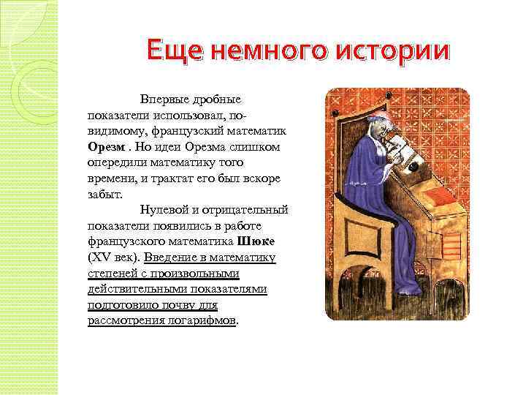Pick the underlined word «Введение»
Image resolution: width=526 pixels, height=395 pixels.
[x=168, y=257]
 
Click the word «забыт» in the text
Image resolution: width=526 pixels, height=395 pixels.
[x=104, y=195]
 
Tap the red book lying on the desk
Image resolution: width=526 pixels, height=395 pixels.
[x=445, y=197]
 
